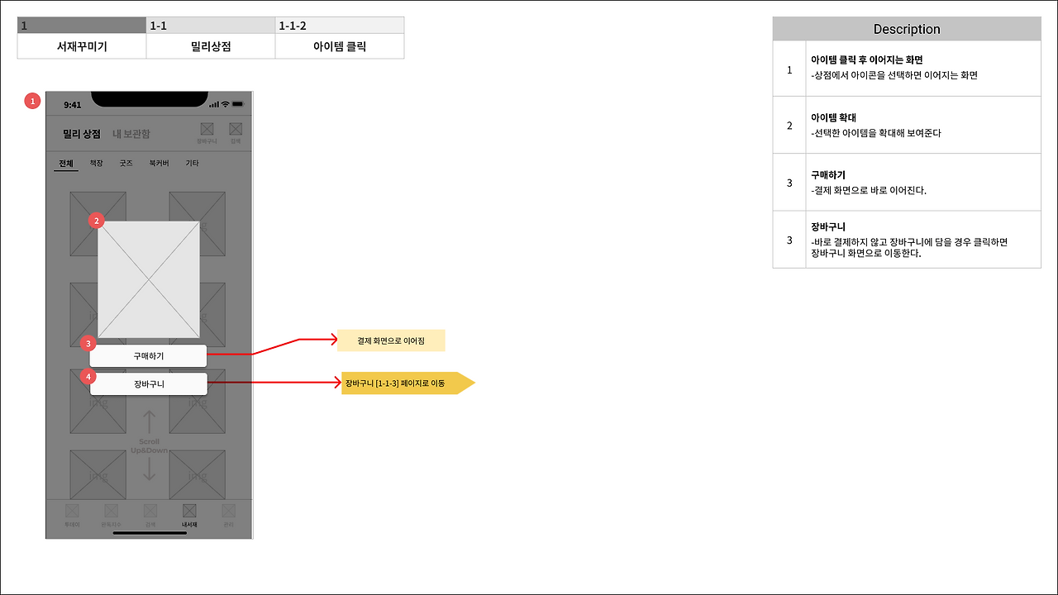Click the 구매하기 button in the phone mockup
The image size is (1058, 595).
[x=148, y=356]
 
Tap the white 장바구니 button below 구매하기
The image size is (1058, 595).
[x=148, y=384]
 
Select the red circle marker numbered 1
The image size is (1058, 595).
[x=33, y=101]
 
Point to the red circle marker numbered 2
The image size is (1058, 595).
[x=97, y=221]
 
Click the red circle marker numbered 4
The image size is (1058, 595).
[x=89, y=376]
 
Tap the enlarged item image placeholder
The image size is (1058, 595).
[x=149, y=279]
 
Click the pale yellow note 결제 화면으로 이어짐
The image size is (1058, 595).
[x=391, y=340]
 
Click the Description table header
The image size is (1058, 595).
[x=907, y=29]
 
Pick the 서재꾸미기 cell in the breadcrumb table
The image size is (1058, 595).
[x=82, y=46]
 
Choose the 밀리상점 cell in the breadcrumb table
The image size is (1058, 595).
[x=211, y=46]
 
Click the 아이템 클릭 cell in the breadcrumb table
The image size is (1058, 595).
[x=340, y=46]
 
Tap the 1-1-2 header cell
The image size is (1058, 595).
[x=340, y=26]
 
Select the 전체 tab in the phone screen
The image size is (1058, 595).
[x=66, y=164]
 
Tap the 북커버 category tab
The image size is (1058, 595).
[x=159, y=164]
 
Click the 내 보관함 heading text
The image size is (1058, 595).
[x=131, y=134]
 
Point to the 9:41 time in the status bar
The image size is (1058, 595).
[x=73, y=105]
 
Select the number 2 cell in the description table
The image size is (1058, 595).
[x=789, y=126]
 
